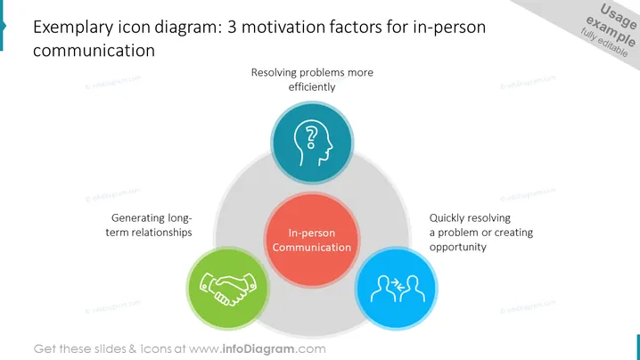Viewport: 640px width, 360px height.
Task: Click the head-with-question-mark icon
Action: (x=313, y=143)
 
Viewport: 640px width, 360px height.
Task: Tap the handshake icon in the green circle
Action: (x=228, y=289)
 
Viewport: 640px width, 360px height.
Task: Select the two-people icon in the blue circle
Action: (x=398, y=289)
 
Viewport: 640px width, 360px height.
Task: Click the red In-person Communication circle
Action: (x=312, y=240)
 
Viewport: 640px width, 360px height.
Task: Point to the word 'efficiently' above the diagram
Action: (x=312, y=87)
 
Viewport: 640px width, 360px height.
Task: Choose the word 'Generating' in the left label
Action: (x=135, y=218)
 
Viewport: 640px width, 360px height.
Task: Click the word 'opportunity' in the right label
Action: (x=457, y=248)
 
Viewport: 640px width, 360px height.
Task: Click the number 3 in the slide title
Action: (x=232, y=27)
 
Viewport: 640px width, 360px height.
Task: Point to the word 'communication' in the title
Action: (x=94, y=51)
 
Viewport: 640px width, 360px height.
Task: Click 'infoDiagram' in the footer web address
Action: (x=258, y=349)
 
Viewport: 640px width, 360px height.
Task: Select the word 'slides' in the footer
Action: (x=111, y=349)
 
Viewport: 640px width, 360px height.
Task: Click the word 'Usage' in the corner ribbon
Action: (x=618, y=16)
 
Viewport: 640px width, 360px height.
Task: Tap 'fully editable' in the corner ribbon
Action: (x=604, y=43)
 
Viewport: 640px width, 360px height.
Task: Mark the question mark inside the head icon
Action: (x=311, y=137)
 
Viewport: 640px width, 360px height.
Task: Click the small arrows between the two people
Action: (x=398, y=284)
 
